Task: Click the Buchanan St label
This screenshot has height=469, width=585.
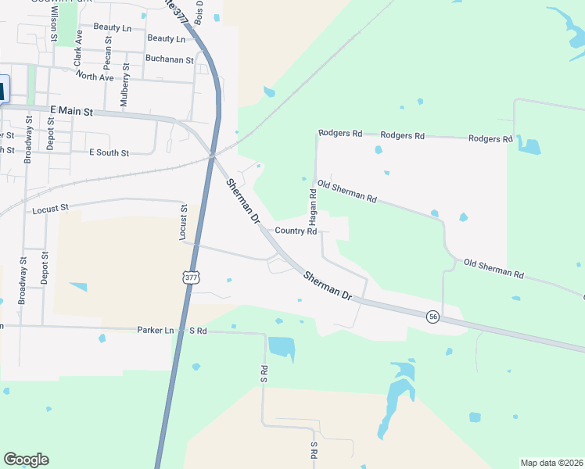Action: (x=169, y=59)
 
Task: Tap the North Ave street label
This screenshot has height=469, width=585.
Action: (x=95, y=77)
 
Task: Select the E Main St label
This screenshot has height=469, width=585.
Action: (x=70, y=112)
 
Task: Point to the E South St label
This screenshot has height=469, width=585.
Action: (x=109, y=153)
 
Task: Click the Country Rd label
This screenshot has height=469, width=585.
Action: (x=296, y=231)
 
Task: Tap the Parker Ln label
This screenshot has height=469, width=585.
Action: (x=155, y=331)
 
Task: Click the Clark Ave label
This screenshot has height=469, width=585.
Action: (x=78, y=48)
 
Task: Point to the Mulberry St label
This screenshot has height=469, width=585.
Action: (x=124, y=87)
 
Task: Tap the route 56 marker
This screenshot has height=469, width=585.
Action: (x=432, y=317)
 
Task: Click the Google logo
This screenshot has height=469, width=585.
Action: (x=26, y=460)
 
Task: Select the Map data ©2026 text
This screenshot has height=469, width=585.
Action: (x=551, y=463)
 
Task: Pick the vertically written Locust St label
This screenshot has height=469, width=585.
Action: (x=185, y=221)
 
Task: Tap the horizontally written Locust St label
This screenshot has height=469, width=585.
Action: (x=51, y=209)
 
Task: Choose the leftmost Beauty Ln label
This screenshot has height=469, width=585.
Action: (x=112, y=27)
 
